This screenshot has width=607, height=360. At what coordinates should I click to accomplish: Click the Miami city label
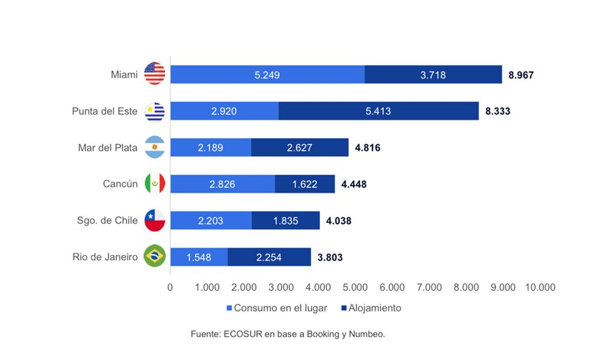click(x=124, y=75)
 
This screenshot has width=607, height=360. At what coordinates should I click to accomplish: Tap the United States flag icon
click(x=154, y=74)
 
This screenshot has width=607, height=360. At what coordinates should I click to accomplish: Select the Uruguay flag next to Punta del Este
click(x=154, y=111)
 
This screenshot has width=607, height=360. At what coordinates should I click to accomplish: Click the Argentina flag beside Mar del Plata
click(x=154, y=148)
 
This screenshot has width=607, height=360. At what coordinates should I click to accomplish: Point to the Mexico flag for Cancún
click(x=154, y=184)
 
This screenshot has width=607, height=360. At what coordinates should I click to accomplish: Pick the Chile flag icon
click(x=154, y=220)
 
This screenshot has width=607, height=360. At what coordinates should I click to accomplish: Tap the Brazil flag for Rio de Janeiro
click(x=154, y=257)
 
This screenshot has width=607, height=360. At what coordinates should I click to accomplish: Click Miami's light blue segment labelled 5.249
click(x=267, y=75)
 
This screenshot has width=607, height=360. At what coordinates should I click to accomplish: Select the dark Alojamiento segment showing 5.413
click(x=378, y=111)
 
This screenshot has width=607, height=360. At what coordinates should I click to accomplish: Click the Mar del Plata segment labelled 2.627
click(x=299, y=148)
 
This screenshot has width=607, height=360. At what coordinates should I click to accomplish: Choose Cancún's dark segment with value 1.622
click(x=305, y=184)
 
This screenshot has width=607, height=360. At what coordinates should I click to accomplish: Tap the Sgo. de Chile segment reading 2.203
click(x=210, y=220)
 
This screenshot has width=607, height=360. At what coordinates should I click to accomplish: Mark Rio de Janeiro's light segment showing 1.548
click(x=199, y=257)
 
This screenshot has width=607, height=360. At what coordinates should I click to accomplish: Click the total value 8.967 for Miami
click(x=521, y=75)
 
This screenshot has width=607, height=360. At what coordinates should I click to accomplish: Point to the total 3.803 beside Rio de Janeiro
click(x=330, y=258)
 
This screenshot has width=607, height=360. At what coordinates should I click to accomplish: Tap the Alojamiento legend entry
click(x=374, y=308)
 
